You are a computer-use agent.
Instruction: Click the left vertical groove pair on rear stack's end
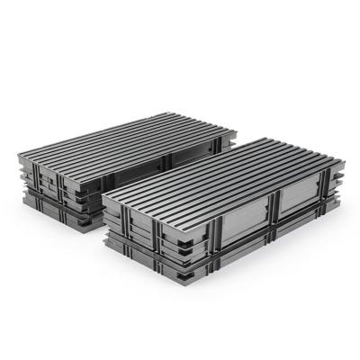45,184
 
